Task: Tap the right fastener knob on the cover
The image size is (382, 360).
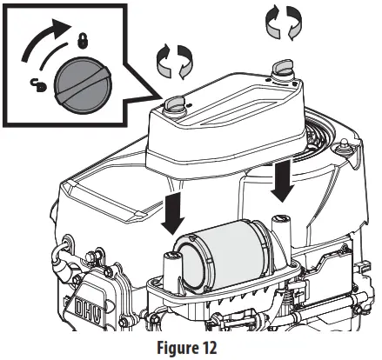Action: pyautogui.click(x=283, y=67)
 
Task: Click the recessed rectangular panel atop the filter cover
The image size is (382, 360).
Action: pyautogui.click(x=235, y=104)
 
